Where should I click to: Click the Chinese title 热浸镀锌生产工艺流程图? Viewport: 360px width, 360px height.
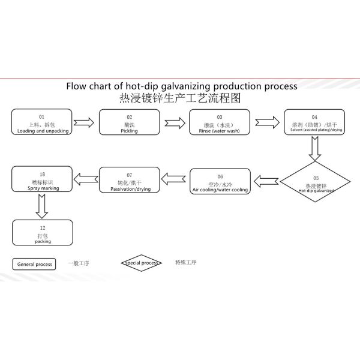click(180, 98)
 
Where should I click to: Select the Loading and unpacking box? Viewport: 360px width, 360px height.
click(42, 122)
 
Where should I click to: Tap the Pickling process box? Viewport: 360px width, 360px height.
click(129, 122)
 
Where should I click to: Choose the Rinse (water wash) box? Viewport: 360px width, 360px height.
click(219, 122)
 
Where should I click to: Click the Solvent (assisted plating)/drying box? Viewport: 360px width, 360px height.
click(314, 122)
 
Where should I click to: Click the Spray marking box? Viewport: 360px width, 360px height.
click(42, 180)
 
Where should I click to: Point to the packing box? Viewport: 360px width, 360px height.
click(42, 233)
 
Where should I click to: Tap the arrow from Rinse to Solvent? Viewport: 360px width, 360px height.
click(264, 123)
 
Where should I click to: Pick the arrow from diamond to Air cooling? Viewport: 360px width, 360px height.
click(265, 180)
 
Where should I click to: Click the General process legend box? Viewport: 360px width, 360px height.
click(34, 264)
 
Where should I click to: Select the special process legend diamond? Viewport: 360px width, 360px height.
click(142, 263)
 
